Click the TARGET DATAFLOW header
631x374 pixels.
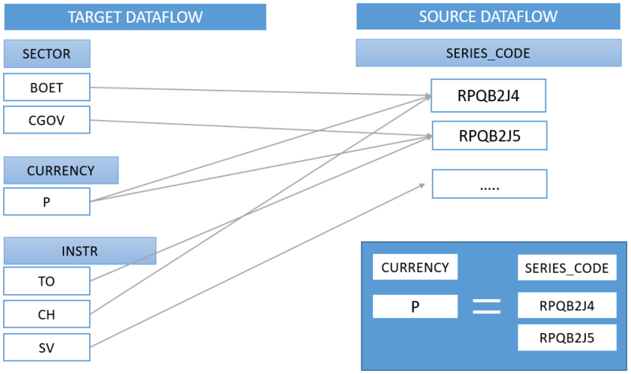click(x=135, y=17)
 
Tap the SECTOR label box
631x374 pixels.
click(x=47, y=54)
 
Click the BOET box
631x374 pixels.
click(x=47, y=88)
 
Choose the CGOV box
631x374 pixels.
click(x=47, y=120)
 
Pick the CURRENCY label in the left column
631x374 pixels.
click(x=61, y=170)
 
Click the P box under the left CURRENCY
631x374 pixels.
click(x=47, y=201)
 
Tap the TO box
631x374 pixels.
click(x=47, y=281)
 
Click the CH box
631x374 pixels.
click(x=47, y=314)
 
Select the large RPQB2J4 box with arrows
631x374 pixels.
click(x=488, y=96)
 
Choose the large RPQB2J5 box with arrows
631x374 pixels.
click(x=488, y=136)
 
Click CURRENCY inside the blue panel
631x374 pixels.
click(x=415, y=267)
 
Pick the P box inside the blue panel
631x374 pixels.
click(x=415, y=306)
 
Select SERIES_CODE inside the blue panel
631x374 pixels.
click(x=566, y=268)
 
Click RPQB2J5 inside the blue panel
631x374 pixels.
click(x=566, y=338)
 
